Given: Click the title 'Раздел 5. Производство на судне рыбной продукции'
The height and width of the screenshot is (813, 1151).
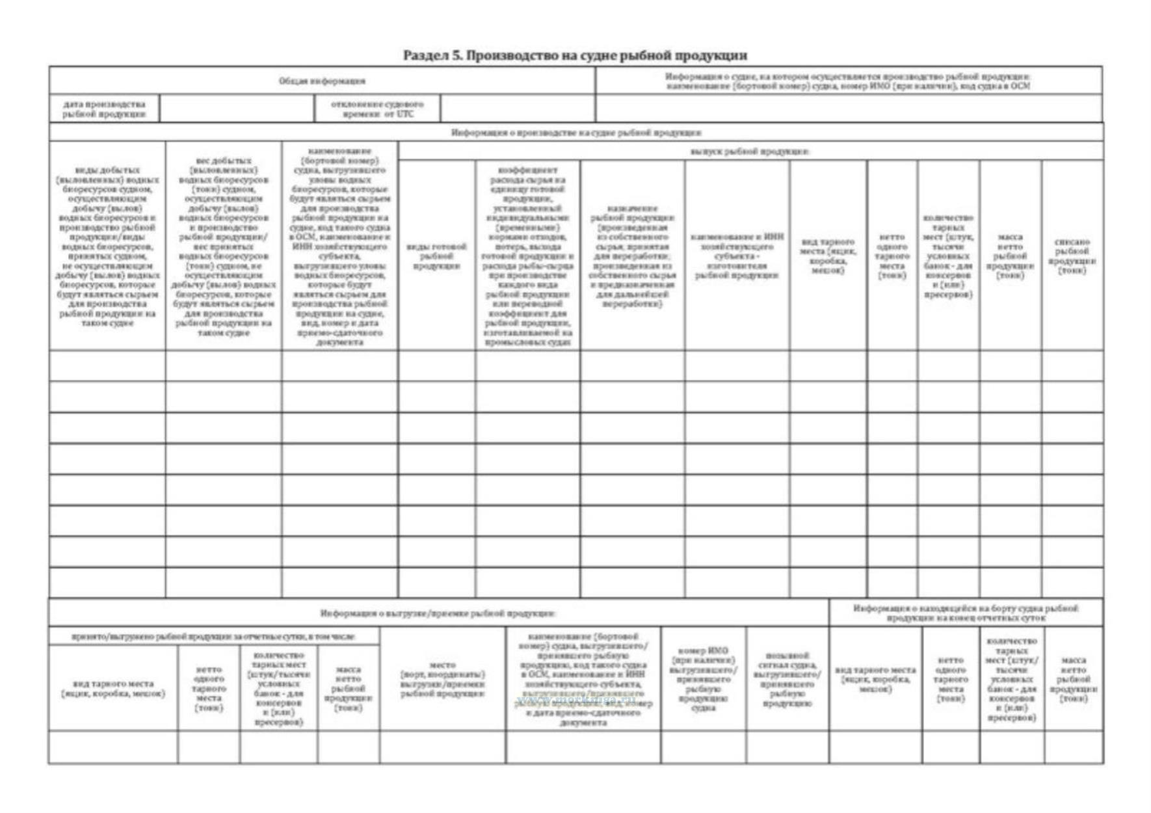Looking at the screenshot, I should [x=575, y=55].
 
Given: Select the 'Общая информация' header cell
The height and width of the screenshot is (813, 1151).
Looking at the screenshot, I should [x=322, y=81].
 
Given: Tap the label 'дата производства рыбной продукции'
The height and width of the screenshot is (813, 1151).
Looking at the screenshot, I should [x=104, y=109].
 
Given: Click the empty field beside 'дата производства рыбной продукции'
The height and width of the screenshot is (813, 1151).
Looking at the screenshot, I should [x=237, y=109].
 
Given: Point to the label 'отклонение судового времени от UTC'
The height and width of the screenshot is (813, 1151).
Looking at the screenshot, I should [x=377, y=109].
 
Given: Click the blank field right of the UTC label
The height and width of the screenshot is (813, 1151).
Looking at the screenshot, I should [x=518, y=109].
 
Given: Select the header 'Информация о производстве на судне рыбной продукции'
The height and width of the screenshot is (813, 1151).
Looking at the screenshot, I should [x=576, y=133].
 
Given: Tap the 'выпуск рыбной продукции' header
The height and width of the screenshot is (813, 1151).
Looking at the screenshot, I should [x=750, y=152].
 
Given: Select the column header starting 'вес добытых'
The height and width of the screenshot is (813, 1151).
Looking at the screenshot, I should [x=224, y=247].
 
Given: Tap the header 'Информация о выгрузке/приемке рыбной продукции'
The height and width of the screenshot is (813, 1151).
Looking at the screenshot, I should [x=438, y=613].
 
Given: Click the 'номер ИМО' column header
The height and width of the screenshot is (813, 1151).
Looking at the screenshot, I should [x=703, y=679].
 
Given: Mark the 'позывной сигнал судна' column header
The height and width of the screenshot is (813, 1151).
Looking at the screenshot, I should [x=787, y=679].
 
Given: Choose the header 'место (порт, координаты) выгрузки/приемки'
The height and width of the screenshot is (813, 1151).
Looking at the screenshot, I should [x=442, y=679].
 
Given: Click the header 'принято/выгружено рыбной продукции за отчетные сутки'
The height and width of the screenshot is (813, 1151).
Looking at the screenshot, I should [x=214, y=636].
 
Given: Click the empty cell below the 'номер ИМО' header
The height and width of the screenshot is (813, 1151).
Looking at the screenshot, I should [x=703, y=747].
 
